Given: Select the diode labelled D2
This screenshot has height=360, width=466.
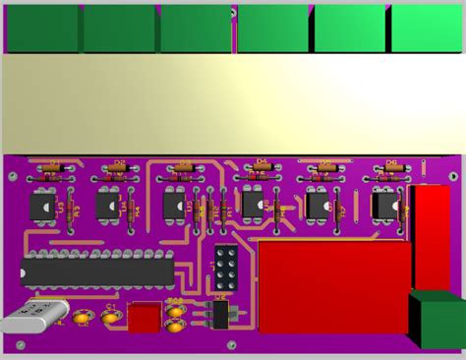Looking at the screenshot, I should pos(119,169).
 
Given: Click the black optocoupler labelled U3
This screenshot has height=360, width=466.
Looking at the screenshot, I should pos(42,206).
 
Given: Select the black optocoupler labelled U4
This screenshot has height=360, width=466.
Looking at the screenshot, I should pos(108,206).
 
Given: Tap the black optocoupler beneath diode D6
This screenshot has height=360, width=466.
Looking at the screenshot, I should pos(384,206).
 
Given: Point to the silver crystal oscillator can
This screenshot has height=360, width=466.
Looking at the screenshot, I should pos(33,320).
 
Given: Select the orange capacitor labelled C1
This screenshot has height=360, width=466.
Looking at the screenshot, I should pos(109,317).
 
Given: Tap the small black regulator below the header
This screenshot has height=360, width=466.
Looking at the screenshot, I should pos(220,314).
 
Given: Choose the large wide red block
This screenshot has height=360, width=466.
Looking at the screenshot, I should pos(332,286).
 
